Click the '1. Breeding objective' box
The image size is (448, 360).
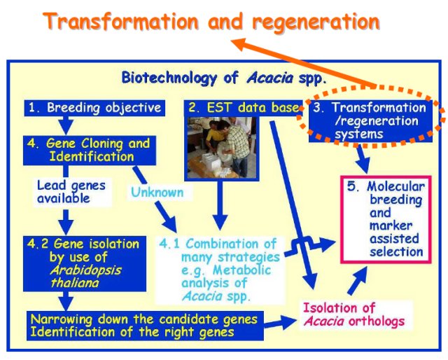tap(94, 108)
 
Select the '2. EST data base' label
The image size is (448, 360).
tap(243, 108)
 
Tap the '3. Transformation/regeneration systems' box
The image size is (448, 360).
tap(370, 121)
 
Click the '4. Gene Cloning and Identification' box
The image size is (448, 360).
tap(90, 151)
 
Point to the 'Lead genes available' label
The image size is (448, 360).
tap(71, 192)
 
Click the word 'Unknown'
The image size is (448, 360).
tap(157, 193)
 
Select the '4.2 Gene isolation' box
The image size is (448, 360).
tap(85, 263)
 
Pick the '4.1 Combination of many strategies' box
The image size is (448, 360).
tap(220, 270)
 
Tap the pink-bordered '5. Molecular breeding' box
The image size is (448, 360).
tap(386, 219)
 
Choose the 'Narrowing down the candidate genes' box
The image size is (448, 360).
tap(145, 326)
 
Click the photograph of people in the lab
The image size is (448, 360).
tap(222, 148)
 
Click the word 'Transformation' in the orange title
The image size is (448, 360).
tap(121, 22)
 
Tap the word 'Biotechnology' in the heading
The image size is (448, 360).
tap(169, 78)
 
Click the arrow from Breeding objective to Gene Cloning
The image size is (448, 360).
tap(66, 125)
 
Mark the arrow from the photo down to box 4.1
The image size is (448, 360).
tap(220, 205)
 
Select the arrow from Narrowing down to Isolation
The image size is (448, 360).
tap(281, 322)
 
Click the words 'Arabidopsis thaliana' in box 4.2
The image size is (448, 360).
tap(85, 277)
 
